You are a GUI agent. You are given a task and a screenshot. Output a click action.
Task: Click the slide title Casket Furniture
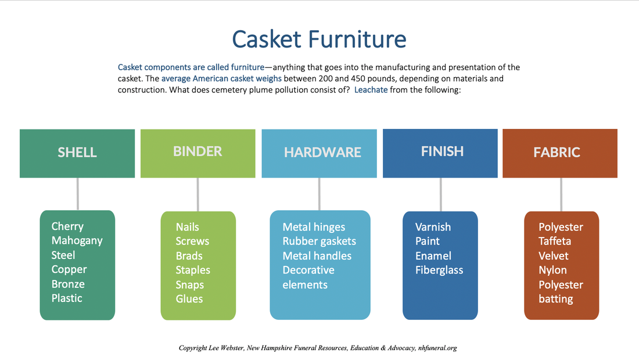[x=319, y=39]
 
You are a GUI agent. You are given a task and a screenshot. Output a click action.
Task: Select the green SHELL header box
[x=77, y=153]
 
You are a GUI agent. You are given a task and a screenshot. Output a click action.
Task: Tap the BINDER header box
[x=198, y=153]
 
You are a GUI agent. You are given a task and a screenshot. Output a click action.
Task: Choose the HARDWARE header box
[x=319, y=153]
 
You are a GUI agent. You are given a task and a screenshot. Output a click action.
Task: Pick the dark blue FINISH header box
[x=440, y=153]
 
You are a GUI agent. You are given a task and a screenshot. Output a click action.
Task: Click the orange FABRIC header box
[x=560, y=153]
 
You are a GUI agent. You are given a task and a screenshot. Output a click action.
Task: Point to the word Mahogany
[x=77, y=241]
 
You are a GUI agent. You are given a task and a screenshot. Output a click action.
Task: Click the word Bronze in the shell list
[x=68, y=284]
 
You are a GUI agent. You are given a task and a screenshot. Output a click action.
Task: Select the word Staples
[x=193, y=270]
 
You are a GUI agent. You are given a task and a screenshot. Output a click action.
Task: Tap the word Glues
[x=189, y=298]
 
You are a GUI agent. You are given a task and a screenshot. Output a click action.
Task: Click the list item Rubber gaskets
[x=319, y=241]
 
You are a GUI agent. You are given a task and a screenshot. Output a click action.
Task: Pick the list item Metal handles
[x=317, y=255]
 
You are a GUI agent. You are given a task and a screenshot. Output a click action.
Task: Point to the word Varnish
[x=433, y=227]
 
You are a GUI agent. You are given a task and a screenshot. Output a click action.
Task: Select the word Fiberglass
[x=439, y=270]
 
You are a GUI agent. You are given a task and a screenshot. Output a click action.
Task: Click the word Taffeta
[x=555, y=241]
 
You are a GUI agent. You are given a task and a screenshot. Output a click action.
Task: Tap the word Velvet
[x=554, y=255]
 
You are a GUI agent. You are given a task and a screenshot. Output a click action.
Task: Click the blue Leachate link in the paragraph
[x=371, y=89]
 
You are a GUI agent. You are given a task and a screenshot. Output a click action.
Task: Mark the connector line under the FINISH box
[x=440, y=195]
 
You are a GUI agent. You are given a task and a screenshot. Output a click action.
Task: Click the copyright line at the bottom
[x=318, y=348]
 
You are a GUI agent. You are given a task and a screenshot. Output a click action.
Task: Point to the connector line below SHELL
[x=77, y=195]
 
